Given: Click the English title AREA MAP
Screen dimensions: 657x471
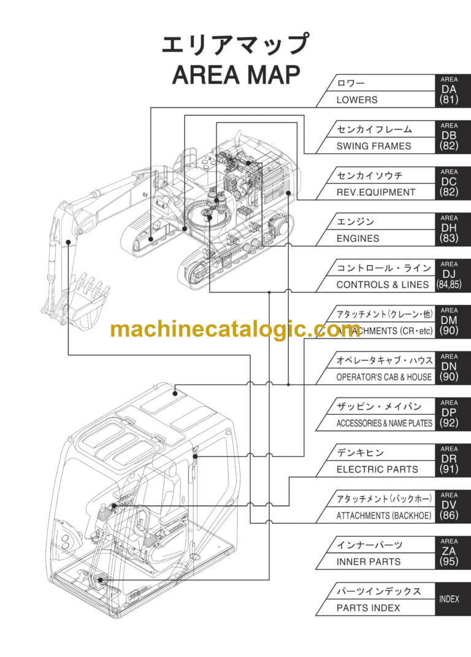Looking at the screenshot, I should (x=236, y=75).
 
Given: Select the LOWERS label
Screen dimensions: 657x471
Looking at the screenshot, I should (x=357, y=100).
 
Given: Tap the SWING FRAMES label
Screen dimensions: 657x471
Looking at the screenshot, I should (x=373, y=146).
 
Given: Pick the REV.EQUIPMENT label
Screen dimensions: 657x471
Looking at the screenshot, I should (x=375, y=192).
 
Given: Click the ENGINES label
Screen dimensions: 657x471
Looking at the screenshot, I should (x=358, y=239).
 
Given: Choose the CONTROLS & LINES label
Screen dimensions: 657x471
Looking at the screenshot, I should (x=382, y=285).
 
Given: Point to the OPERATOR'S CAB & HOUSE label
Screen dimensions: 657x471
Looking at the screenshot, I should (x=383, y=377).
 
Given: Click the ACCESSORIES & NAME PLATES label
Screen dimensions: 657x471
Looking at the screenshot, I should (x=384, y=423).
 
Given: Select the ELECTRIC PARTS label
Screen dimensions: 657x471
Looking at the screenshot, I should (x=377, y=469).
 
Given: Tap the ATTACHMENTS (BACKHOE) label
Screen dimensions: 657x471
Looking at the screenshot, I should (x=383, y=516).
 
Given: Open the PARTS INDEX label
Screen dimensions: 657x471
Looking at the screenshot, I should (x=368, y=608).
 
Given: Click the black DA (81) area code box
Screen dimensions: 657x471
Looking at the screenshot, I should (x=449, y=91).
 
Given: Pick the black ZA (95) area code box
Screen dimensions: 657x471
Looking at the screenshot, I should (x=449, y=552).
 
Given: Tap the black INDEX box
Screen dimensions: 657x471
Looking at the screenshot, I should (x=449, y=599).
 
